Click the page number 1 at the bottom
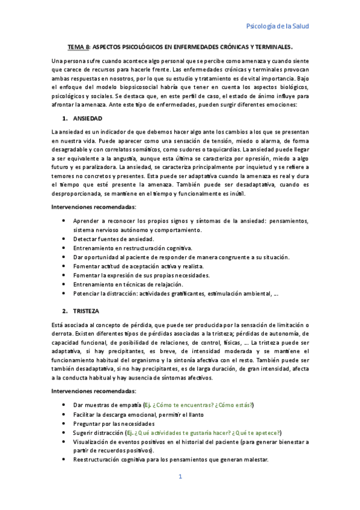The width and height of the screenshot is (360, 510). point(180,477)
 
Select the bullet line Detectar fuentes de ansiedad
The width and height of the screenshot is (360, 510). point(114,239)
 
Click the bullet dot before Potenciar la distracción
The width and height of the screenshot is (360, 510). point(64,293)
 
